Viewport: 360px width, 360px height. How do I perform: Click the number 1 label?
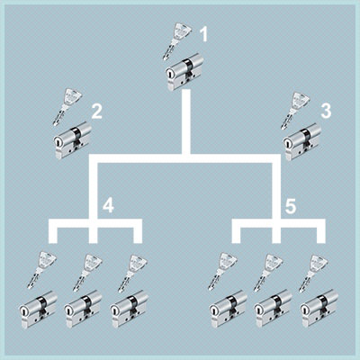point(204,34)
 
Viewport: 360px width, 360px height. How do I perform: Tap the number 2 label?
point(97,111)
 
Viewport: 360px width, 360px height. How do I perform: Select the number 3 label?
point(326,110)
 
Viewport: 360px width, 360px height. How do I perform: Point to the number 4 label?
point(108,205)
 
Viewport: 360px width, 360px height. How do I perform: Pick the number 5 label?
point(291,206)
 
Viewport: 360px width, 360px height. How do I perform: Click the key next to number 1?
point(175,41)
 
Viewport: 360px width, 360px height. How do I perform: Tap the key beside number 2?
point(67,106)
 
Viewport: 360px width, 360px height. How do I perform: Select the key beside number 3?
point(295,110)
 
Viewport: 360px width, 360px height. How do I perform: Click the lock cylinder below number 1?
point(184,71)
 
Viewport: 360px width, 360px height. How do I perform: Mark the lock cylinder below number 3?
point(302,141)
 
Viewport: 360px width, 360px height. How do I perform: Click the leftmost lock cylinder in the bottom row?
point(38,310)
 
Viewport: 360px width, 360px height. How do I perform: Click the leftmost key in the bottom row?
point(41,270)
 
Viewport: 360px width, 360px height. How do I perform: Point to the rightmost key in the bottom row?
point(313,274)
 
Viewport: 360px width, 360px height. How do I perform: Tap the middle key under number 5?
point(268,273)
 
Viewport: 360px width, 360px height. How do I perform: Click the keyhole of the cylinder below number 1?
point(170,73)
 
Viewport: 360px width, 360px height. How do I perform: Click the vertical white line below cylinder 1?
point(186,121)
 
